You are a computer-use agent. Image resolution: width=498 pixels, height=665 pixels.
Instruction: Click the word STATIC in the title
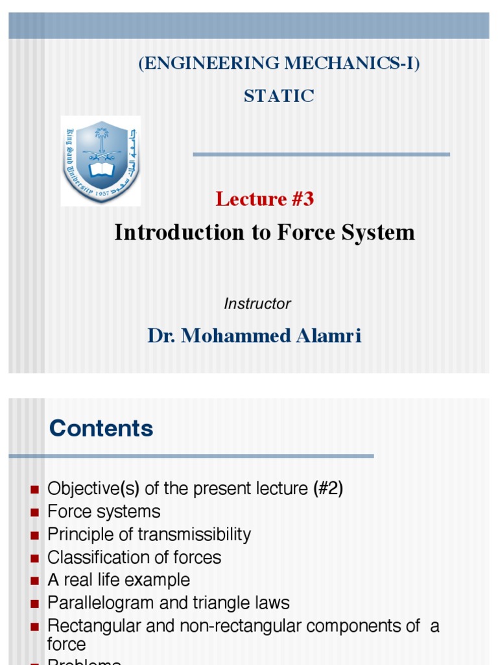pyautogui.click(x=279, y=96)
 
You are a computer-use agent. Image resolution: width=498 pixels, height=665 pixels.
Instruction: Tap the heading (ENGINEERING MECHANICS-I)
pyautogui.click(x=279, y=64)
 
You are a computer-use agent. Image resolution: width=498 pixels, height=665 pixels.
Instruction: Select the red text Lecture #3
pyautogui.click(x=265, y=199)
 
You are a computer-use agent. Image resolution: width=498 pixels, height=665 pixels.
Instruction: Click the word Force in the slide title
pyautogui.click(x=304, y=232)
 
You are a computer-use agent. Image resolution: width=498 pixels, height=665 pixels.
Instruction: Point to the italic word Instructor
pyautogui.click(x=257, y=303)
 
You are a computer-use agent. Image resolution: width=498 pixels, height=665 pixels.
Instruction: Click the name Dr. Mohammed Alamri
pyautogui.click(x=254, y=336)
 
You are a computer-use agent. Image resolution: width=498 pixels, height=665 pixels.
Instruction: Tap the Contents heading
pyautogui.click(x=101, y=429)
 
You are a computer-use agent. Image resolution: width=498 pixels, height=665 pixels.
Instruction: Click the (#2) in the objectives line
pyautogui.click(x=327, y=488)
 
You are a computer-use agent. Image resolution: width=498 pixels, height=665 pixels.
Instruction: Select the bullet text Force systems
pyautogui.click(x=104, y=512)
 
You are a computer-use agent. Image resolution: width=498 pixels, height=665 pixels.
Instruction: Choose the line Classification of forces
pyautogui.click(x=134, y=557)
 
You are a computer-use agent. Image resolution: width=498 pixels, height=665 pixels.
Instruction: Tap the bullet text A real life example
pyautogui.click(x=119, y=580)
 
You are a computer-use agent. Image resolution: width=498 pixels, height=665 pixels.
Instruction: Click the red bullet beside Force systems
pyautogui.click(x=35, y=512)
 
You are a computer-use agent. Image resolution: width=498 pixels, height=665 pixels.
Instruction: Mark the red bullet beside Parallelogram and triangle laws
pyautogui.click(x=35, y=604)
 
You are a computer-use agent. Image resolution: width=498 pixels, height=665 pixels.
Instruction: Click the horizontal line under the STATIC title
pyautogui.click(x=321, y=155)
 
